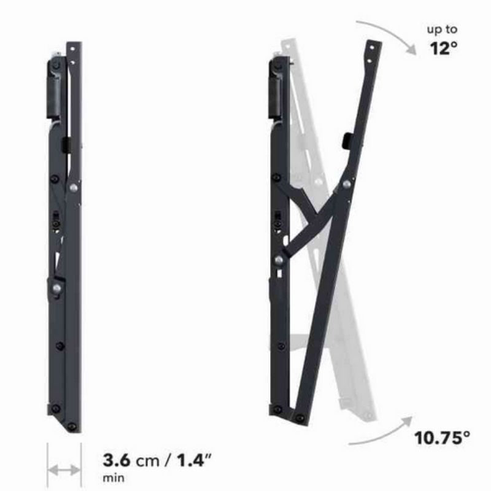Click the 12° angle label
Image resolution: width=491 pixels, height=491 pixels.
click(443, 48)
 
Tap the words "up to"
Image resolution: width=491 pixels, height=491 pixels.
click(442, 29)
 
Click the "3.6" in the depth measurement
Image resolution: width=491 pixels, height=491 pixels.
click(116, 460)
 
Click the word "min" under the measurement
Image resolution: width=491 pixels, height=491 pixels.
click(114, 478)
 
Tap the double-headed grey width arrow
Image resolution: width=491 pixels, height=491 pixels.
click(64, 470)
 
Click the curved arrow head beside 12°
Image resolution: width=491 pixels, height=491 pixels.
click(410, 50)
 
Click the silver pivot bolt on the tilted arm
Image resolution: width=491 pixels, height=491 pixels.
click(347, 184)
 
